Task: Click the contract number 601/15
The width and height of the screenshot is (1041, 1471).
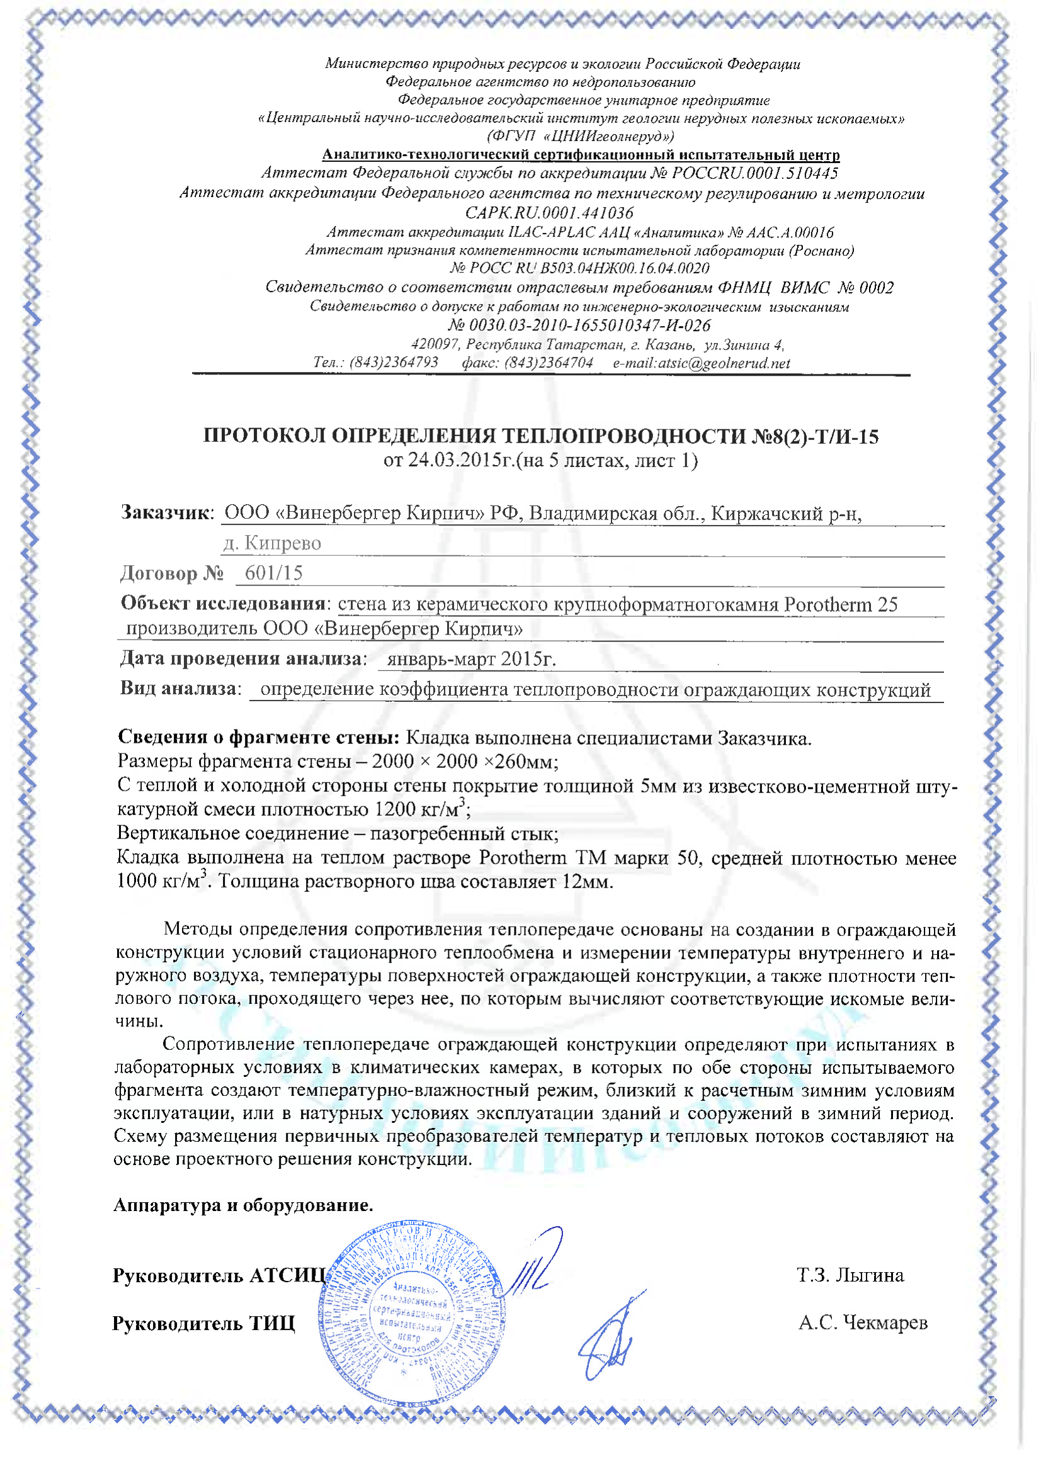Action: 274,573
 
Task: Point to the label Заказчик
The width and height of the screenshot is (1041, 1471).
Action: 166,512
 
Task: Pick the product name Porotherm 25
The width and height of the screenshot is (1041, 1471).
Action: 840,604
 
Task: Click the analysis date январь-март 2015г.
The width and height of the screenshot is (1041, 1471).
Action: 471,658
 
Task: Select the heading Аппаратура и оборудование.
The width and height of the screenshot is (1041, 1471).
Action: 243,1205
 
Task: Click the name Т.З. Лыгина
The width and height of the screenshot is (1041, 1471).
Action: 850,1275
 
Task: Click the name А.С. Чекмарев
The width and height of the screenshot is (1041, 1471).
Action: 863,1322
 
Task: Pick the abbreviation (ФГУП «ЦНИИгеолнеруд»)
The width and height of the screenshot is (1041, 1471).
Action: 580,136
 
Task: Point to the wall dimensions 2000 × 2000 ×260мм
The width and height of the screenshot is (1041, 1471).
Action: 465,762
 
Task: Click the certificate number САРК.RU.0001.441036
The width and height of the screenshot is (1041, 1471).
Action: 549,213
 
